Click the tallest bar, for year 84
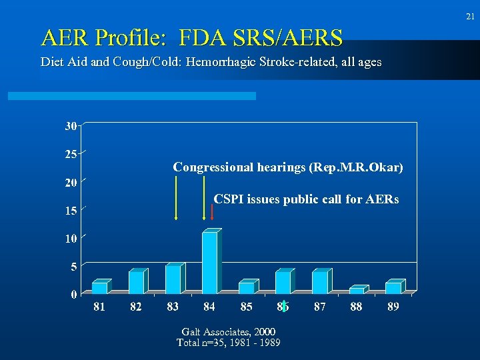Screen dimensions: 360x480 (x=210, y=262)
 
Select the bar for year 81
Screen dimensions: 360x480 (x=99, y=287)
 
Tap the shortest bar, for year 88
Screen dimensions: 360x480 (x=357, y=290)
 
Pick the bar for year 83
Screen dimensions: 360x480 (x=173, y=279)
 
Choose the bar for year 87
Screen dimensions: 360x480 (x=320, y=282)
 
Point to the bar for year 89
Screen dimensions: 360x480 (x=393, y=287)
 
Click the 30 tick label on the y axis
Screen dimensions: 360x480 (x=71, y=126)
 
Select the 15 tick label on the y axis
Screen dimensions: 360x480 (x=71, y=211)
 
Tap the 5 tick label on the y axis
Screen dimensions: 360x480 (x=73, y=267)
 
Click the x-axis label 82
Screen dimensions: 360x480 (x=136, y=307)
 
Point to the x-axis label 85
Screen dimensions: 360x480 (x=246, y=307)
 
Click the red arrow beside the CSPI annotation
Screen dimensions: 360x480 (x=211, y=211)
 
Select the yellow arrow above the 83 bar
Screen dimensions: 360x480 (x=176, y=197)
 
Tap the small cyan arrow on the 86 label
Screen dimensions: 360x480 (x=284, y=307)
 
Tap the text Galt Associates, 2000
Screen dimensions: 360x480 (x=228, y=331)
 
